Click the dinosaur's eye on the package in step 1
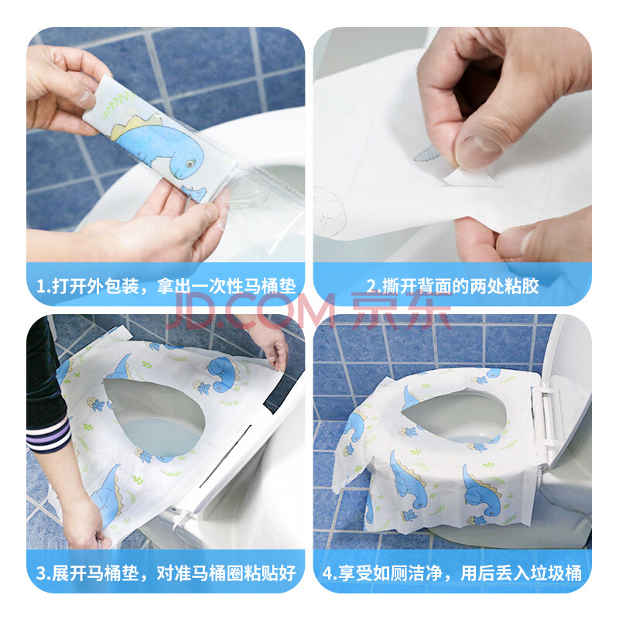[190, 163]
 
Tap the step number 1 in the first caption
[40, 286]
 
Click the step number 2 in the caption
[371, 286]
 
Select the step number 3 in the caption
[41, 573]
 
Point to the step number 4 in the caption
[327, 573]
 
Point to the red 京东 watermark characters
[401, 310]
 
